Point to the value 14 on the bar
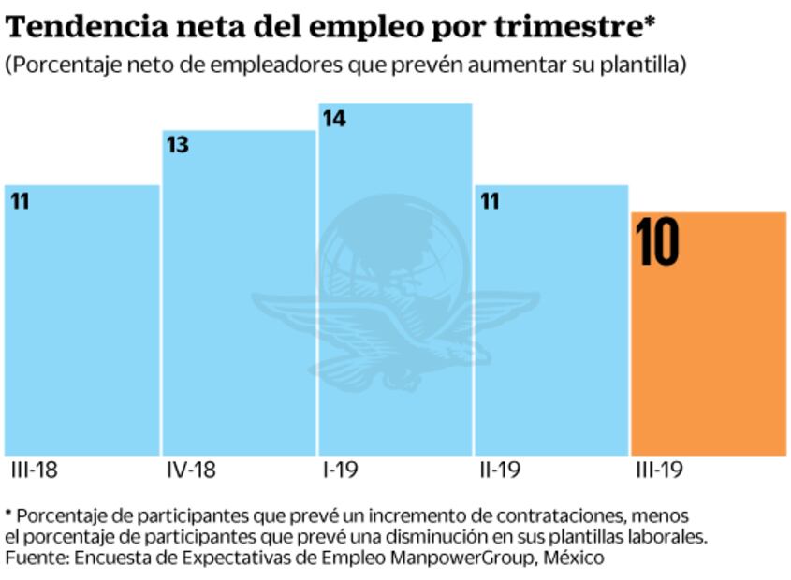334,119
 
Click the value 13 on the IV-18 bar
177,146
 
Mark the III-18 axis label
35,470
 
